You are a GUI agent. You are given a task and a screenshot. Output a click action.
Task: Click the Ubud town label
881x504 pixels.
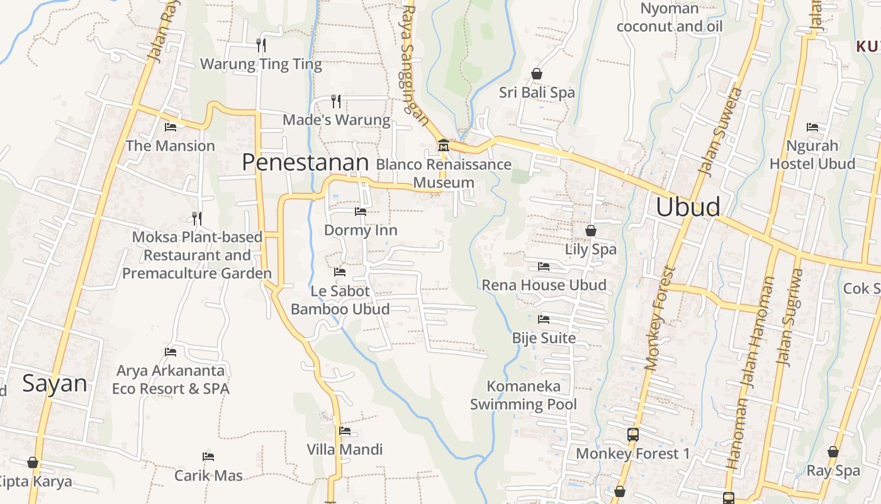tap(688, 207)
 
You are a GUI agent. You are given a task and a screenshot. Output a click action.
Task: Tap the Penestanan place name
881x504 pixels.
tap(305, 163)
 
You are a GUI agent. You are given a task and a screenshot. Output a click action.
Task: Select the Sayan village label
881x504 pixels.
tap(54, 383)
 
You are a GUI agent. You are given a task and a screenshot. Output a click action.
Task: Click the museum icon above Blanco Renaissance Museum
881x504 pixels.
tap(443, 146)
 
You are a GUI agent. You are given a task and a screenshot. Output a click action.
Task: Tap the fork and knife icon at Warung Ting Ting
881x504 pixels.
tap(261, 45)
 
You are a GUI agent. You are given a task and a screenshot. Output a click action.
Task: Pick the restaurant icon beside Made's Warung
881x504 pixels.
tap(336, 101)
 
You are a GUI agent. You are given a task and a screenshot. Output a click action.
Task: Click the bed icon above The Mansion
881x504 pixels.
tap(170, 127)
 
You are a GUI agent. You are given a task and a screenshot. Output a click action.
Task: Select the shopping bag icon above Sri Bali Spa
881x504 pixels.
tap(537, 74)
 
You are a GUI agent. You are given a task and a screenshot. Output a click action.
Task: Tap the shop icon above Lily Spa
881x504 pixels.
tap(591, 231)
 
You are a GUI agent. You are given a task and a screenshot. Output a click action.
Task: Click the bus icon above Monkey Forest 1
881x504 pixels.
tap(633, 434)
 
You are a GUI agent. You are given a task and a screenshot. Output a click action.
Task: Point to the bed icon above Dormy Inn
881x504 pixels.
tap(361, 212)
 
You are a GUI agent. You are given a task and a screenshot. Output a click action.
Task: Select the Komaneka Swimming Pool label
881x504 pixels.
tap(524, 395)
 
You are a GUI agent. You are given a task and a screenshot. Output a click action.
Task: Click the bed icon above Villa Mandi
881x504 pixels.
tap(345, 431)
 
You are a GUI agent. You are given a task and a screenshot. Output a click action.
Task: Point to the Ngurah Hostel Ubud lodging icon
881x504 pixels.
tap(812, 127)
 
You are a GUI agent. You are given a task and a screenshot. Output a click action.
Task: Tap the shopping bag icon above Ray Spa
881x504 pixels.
tap(833, 452)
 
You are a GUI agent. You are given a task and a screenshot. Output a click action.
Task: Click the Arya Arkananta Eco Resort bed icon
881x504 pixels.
tap(171, 352)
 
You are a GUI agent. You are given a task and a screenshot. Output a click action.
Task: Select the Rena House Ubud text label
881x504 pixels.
tap(544, 285)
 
